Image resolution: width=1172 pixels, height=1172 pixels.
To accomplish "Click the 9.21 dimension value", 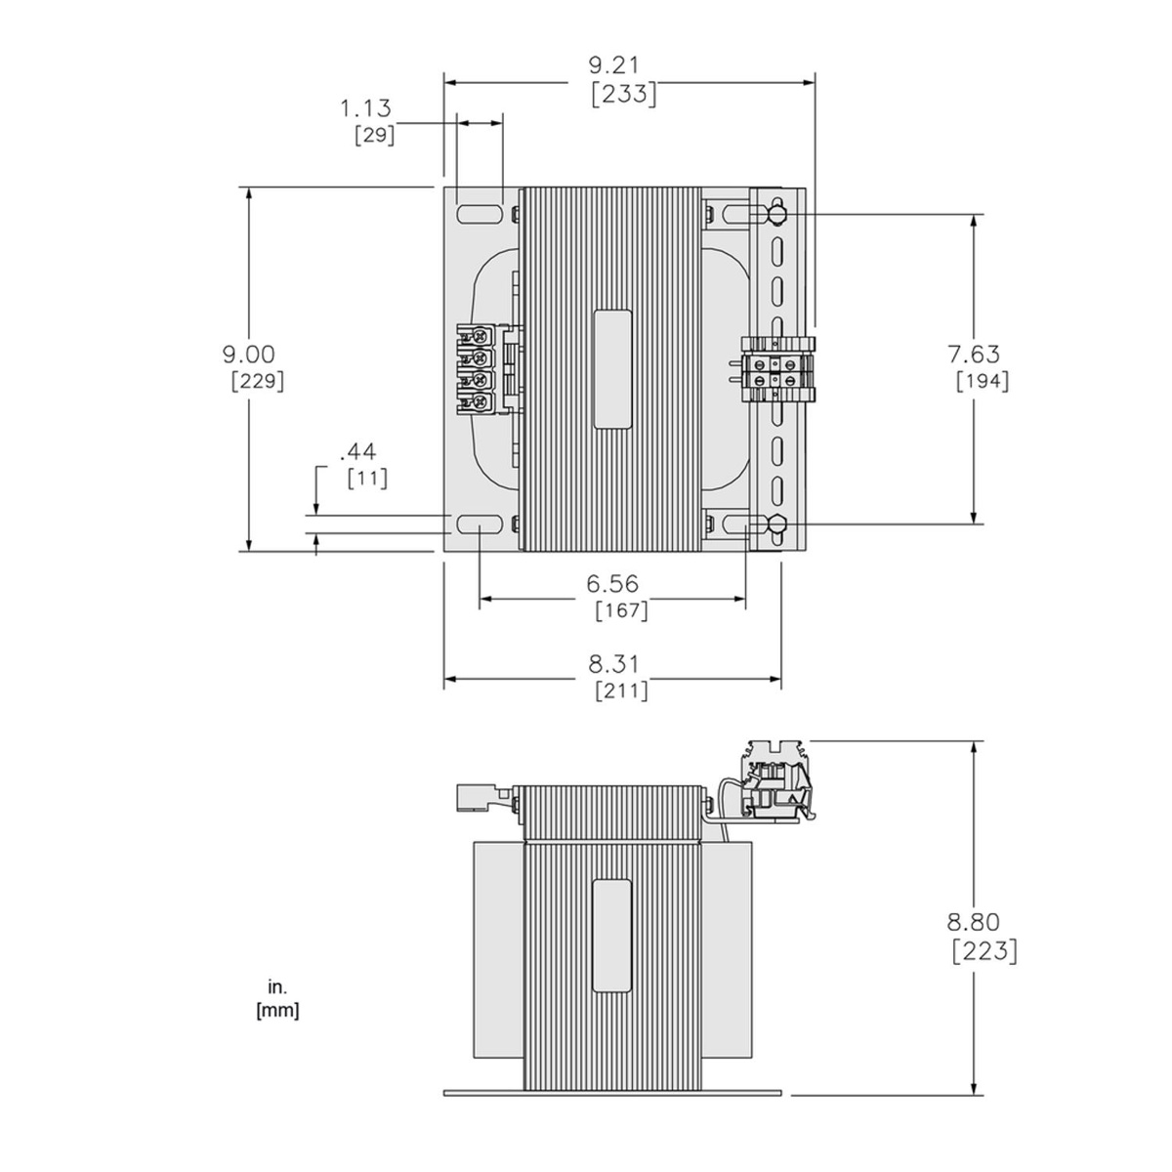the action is (x=614, y=65).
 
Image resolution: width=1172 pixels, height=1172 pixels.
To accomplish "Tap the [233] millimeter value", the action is (x=624, y=95).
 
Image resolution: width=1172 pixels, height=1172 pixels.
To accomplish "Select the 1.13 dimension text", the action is (x=365, y=108).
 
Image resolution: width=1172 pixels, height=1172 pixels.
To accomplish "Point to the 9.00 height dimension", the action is (x=249, y=354).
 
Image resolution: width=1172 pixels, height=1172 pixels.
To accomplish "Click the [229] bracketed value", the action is (x=258, y=381).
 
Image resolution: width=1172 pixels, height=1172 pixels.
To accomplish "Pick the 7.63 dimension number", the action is (x=974, y=354).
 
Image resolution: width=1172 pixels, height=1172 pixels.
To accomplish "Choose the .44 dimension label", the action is (x=357, y=452).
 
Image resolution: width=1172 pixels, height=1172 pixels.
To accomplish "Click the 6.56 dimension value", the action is (x=612, y=584).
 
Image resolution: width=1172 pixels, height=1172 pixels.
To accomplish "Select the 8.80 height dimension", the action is (x=973, y=922).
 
